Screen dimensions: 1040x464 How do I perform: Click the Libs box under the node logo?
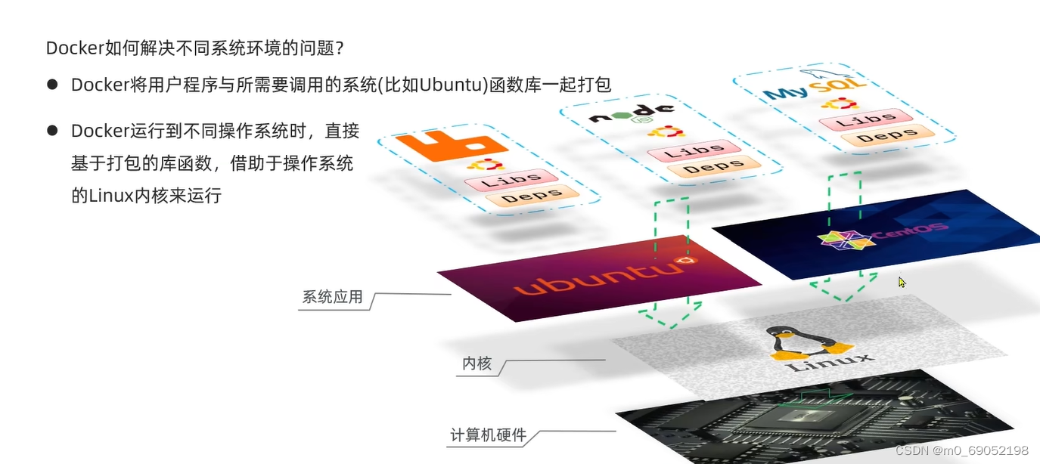pyautogui.click(x=690, y=150)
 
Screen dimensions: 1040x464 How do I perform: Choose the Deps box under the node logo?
pyautogui.click(x=712, y=167)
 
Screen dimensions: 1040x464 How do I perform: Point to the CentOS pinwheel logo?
pyautogui.click(x=839, y=240)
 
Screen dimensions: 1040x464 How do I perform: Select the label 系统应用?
pyautogui.click(x=332, y=297)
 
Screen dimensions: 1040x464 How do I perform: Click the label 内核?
pyautogui.click(x=477, y=363)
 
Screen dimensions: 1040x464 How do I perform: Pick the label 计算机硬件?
pyautogui.click(x=488, y=435)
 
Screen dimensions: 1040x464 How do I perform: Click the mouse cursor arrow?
pyautogui.click(x=902, y=282)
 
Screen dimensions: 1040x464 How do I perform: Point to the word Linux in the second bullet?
pyautogui.click(x=111, y=196)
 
